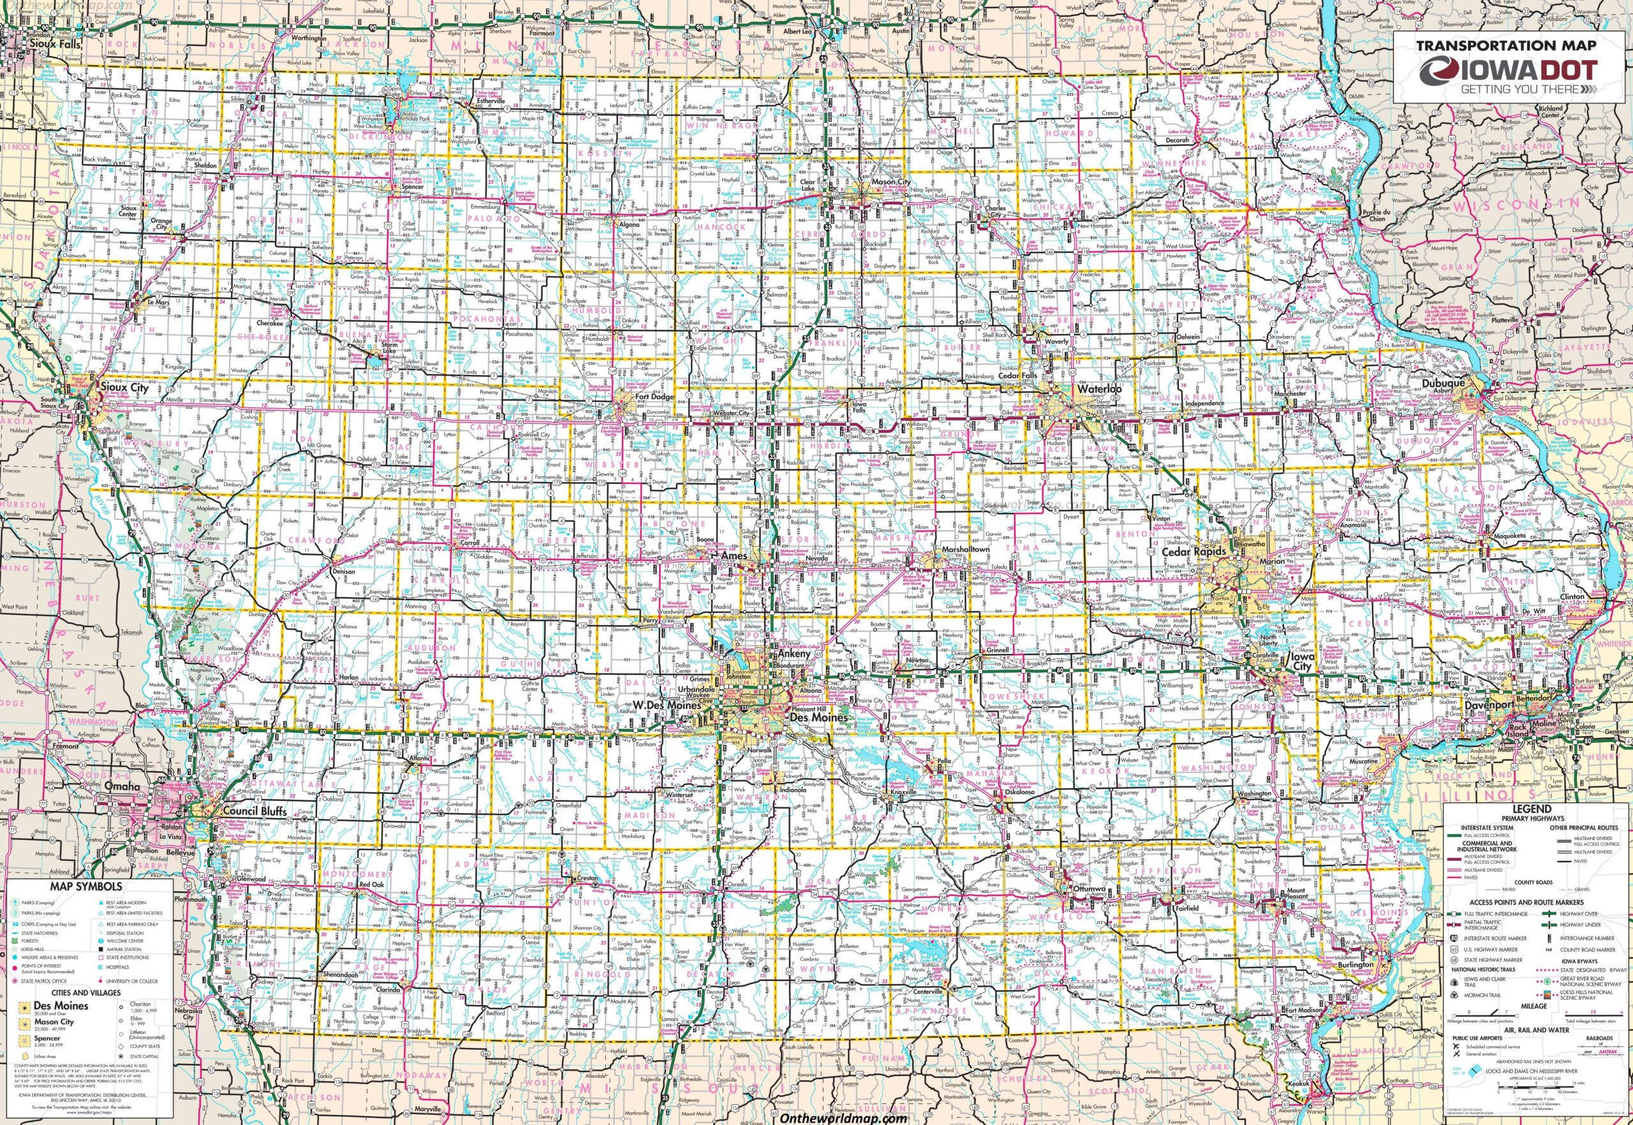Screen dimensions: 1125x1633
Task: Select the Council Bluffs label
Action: point(255,811)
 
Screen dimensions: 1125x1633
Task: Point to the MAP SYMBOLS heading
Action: point(87,886)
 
